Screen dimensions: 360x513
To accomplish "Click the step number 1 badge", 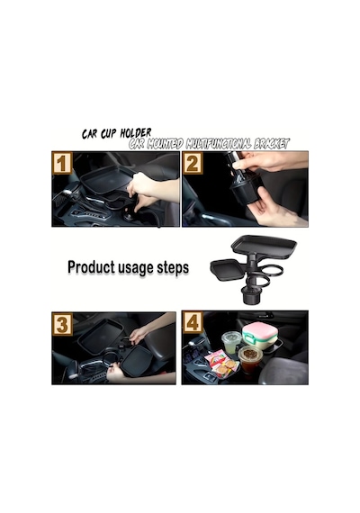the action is [x=62, y=163].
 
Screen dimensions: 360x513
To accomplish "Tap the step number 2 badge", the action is [x=193, y=163].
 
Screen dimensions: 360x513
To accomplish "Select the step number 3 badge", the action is [x=62, y=324].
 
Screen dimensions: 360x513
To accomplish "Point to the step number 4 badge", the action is [x=193, y=322].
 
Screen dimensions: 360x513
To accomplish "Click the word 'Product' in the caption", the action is [x=91, y=267].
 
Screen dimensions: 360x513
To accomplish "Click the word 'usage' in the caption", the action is [x=136, y=268].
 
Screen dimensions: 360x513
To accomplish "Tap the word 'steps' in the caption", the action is [x=173, y=267].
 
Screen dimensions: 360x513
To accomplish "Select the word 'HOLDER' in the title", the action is [x=136, y=133].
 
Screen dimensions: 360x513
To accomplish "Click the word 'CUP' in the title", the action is [x=108, y=134].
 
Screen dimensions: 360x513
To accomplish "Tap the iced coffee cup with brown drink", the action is [x=250, y=358].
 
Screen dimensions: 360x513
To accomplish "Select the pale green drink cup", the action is [x=231, y=342].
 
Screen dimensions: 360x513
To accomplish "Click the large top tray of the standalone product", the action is [x=264, y=246].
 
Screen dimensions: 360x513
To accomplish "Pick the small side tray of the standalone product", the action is [x=228, y=269].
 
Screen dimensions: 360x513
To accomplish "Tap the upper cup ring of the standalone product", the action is [x=273, y=271].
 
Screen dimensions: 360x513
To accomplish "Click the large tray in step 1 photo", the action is [x=107, y=178].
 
